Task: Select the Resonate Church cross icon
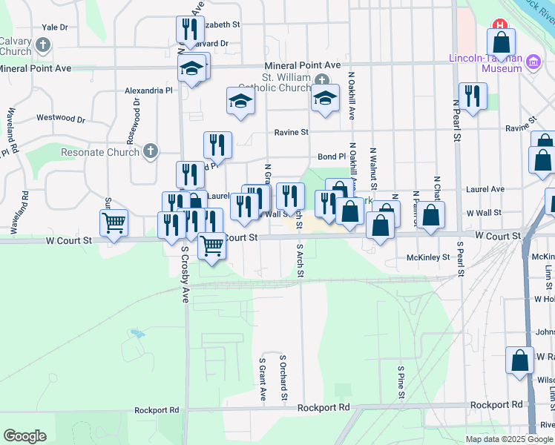pos(151,152)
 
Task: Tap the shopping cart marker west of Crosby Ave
pos(114,222)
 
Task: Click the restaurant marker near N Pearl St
pos(472,95)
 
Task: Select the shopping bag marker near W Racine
pos(520,360)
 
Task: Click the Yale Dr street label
pos(55,27)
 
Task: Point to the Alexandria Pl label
pos(148,90)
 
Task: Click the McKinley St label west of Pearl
pos(428,257)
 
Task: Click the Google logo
pos(24,436)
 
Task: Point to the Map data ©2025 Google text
pos(508,439)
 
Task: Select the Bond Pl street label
pos(332,156)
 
